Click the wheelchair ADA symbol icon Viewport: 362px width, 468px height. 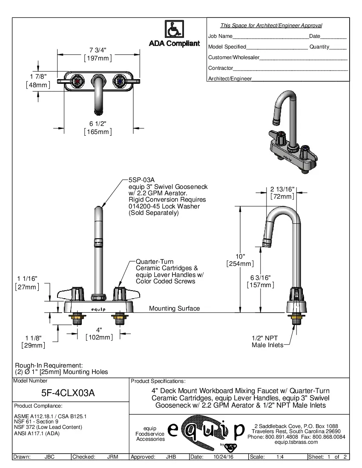174,29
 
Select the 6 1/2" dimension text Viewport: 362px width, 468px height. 98,123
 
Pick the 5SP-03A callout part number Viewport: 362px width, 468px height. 140,180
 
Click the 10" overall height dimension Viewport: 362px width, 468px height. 241,256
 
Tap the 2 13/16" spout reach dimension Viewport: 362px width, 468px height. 282,189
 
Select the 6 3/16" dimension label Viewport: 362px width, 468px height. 260,278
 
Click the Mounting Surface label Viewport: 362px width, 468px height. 174,308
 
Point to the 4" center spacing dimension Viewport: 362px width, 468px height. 99,330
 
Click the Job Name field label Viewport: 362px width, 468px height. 220,36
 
